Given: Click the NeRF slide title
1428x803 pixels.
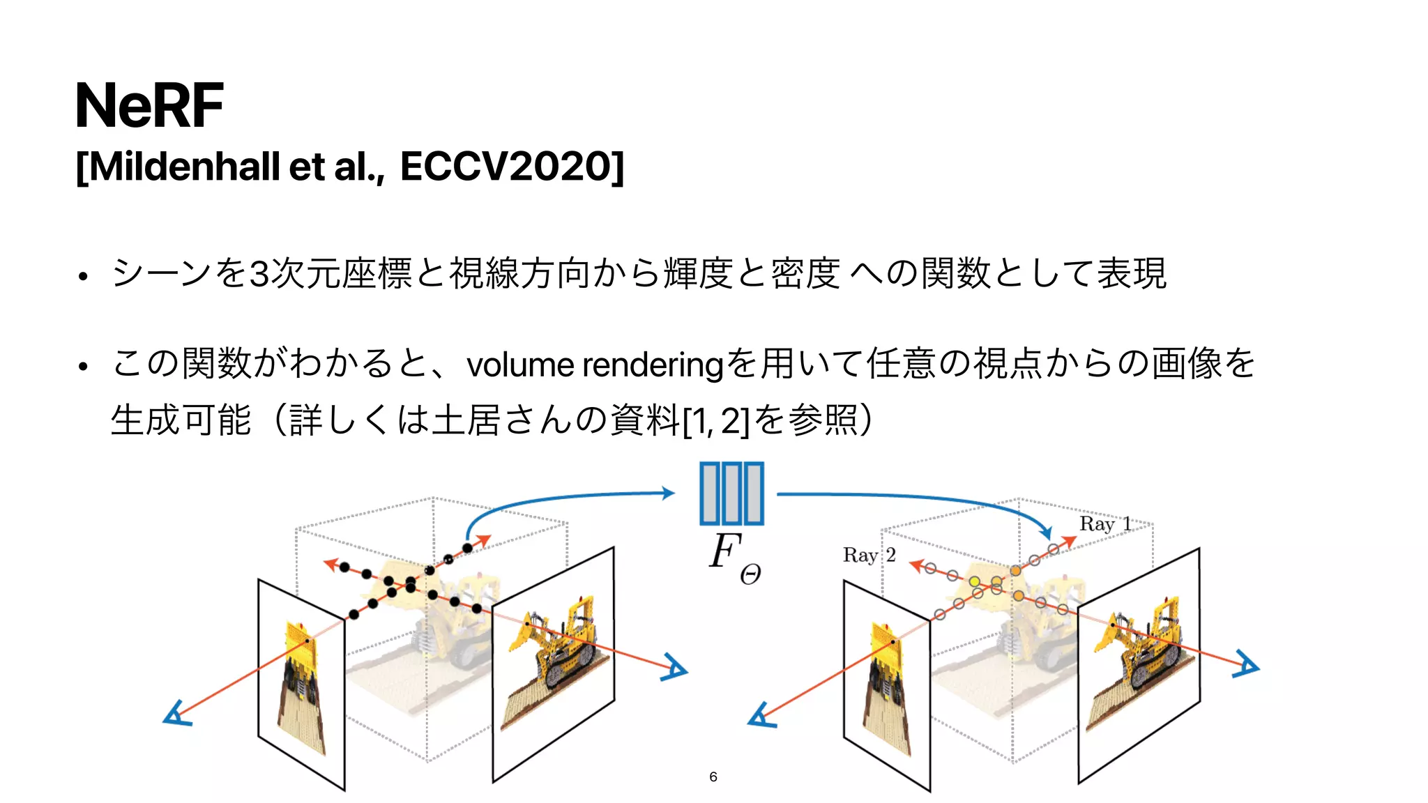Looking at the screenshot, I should click(x=149, y=106).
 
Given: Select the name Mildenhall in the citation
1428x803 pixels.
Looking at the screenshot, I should click(x=184, y=167).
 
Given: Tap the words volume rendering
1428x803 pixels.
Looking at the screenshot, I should click(x=595, y=365).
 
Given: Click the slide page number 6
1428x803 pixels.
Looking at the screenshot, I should click(x=713, y=777).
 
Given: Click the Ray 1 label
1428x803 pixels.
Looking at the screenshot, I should click(x=1104, y=524).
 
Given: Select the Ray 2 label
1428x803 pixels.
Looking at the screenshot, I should click(x=869, y=556).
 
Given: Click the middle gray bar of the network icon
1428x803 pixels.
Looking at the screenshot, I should click(x=731, y=494).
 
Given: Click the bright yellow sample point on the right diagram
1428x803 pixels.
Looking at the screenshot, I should click(x=974, y=581).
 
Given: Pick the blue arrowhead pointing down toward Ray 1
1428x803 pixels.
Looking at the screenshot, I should click(x=1046, y=533).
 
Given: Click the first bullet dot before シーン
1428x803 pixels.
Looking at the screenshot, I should click(x=83, y=276).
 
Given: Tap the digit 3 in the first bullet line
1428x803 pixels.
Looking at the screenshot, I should click(x=259, y=273).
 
